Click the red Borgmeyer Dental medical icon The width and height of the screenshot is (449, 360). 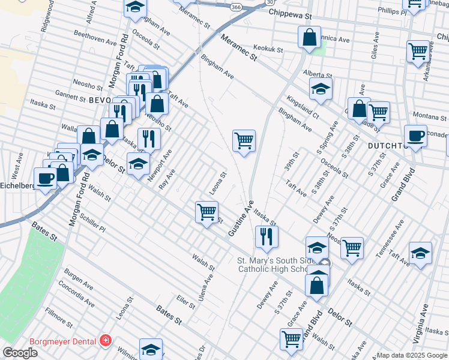point(106,341)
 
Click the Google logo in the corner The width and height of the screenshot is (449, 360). point(19,353)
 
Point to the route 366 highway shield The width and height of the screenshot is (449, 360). point(235,7)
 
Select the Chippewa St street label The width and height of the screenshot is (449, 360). point(291,13)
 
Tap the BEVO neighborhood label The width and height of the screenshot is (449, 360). point(100,100)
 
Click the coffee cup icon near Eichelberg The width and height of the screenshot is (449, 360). point(46,178)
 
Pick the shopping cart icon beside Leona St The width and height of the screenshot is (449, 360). point(206,211)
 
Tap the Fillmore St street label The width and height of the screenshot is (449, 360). point(58,318)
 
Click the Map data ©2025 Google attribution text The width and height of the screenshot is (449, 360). point(412,355)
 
